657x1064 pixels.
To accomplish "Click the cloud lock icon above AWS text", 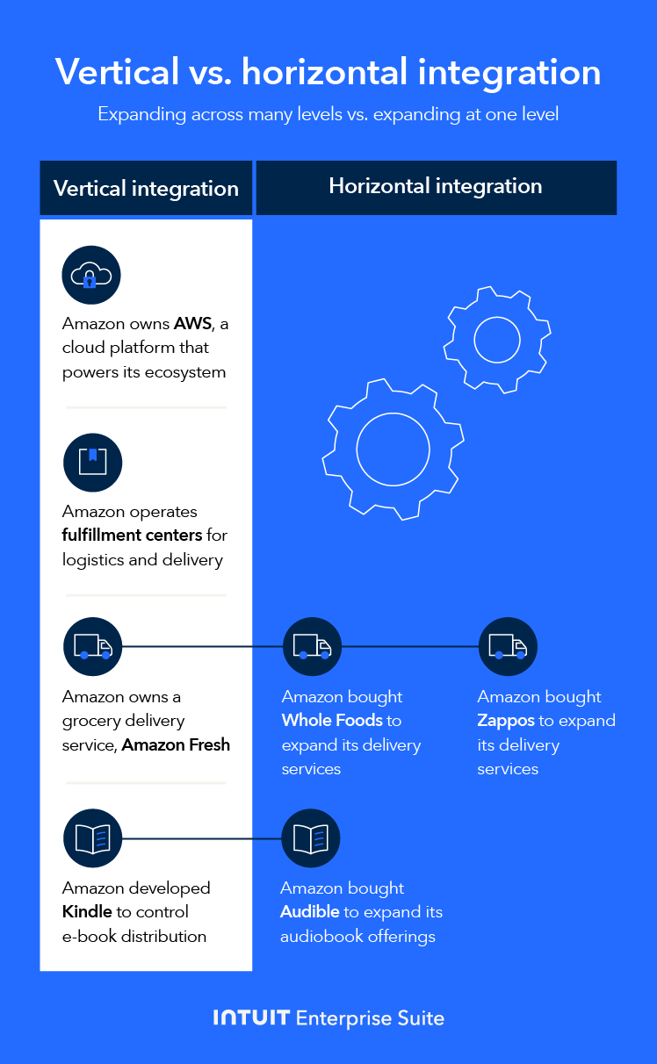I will (x=91, y=276).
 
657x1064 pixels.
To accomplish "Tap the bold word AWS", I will (x=192, y=324).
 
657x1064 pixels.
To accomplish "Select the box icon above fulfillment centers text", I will (x=92, y=462).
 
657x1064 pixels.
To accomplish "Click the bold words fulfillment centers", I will (x=132, y=535).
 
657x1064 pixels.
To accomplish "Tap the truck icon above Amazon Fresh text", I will (x=92, y=647).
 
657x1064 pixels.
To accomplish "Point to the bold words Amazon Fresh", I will (x=176, y=744).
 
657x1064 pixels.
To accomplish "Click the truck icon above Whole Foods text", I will (x=311, y=647).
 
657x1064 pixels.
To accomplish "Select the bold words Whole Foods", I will (x=332, y=721).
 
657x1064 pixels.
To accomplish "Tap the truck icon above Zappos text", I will (x=508, y=647).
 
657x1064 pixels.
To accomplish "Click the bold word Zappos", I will (x=506, y=721).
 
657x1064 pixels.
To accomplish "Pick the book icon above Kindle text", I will (x=92, y=838).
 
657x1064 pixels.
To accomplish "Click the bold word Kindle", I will (x=87, y=912).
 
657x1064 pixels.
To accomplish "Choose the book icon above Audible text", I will (x=310, y=838).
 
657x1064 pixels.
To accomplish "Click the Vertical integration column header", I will (x=146, y=189).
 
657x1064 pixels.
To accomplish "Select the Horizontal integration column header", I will (x=436, y=186).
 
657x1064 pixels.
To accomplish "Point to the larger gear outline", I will (x=393, y=449).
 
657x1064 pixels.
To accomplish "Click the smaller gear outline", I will (x=497, y=337).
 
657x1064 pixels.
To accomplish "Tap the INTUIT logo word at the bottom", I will (x=251, y=1018).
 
